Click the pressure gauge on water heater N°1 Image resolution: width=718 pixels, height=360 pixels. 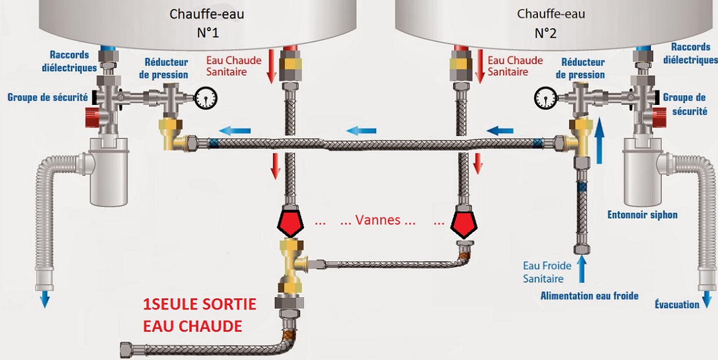[x=207, y=96]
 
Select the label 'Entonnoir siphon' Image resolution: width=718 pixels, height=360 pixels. [x=642, y=215]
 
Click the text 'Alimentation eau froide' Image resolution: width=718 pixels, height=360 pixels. [x=589, y=296]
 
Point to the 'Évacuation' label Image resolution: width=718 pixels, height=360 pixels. [x=676, y=304]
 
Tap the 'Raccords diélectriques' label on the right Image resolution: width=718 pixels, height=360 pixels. [x=691, y=53]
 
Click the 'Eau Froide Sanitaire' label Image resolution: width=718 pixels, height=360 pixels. [x=547, y=272]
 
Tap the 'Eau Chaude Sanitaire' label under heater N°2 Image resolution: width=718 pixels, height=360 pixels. [x=515, y=66]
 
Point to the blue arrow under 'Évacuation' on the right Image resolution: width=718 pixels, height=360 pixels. [x=706, y=298]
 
